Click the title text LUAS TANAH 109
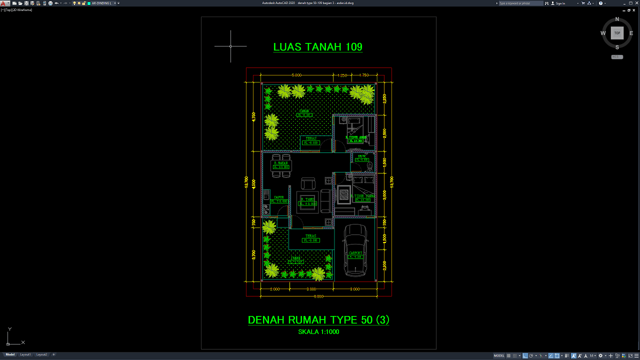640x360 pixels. pyautogui.click(x=317, y=47)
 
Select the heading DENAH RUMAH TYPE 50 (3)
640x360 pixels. pyautogui.click(x=318, y=320)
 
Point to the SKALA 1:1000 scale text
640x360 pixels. pyautogui.click(x=318, y=331)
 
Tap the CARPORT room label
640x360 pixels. pyautogui.click(x=355, y=253)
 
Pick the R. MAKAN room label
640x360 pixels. pyautogui.click(x=281, y=163)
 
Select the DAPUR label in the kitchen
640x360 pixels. pyautogui.click(x=278, y=197)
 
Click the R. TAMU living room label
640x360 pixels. pyautogui.click(x=307, y=199)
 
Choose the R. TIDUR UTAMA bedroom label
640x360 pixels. pyautogui.click(x=362, y=196)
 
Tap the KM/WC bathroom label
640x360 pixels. pyautogui.click(x=361, y=156)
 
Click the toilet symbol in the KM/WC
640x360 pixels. pyautogui.click(x=370, y=165)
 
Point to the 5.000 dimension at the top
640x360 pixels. pyautogui.click(x=296, y=75)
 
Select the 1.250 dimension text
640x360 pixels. pyautogui.click(x=342, y=75)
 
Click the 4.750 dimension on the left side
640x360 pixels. pyautogui.click(x=253, y=116)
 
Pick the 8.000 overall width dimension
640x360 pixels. pyautogui.click(x=318, y=296)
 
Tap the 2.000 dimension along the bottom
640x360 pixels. pyautogui.click(x=274, y=289)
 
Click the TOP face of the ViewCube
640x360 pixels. pyautogui.click(x=617, y=33)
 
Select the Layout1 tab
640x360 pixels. pyautogui.click(x=25, y=354)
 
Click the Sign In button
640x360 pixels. pyautogui.click(x=560, y=3)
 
